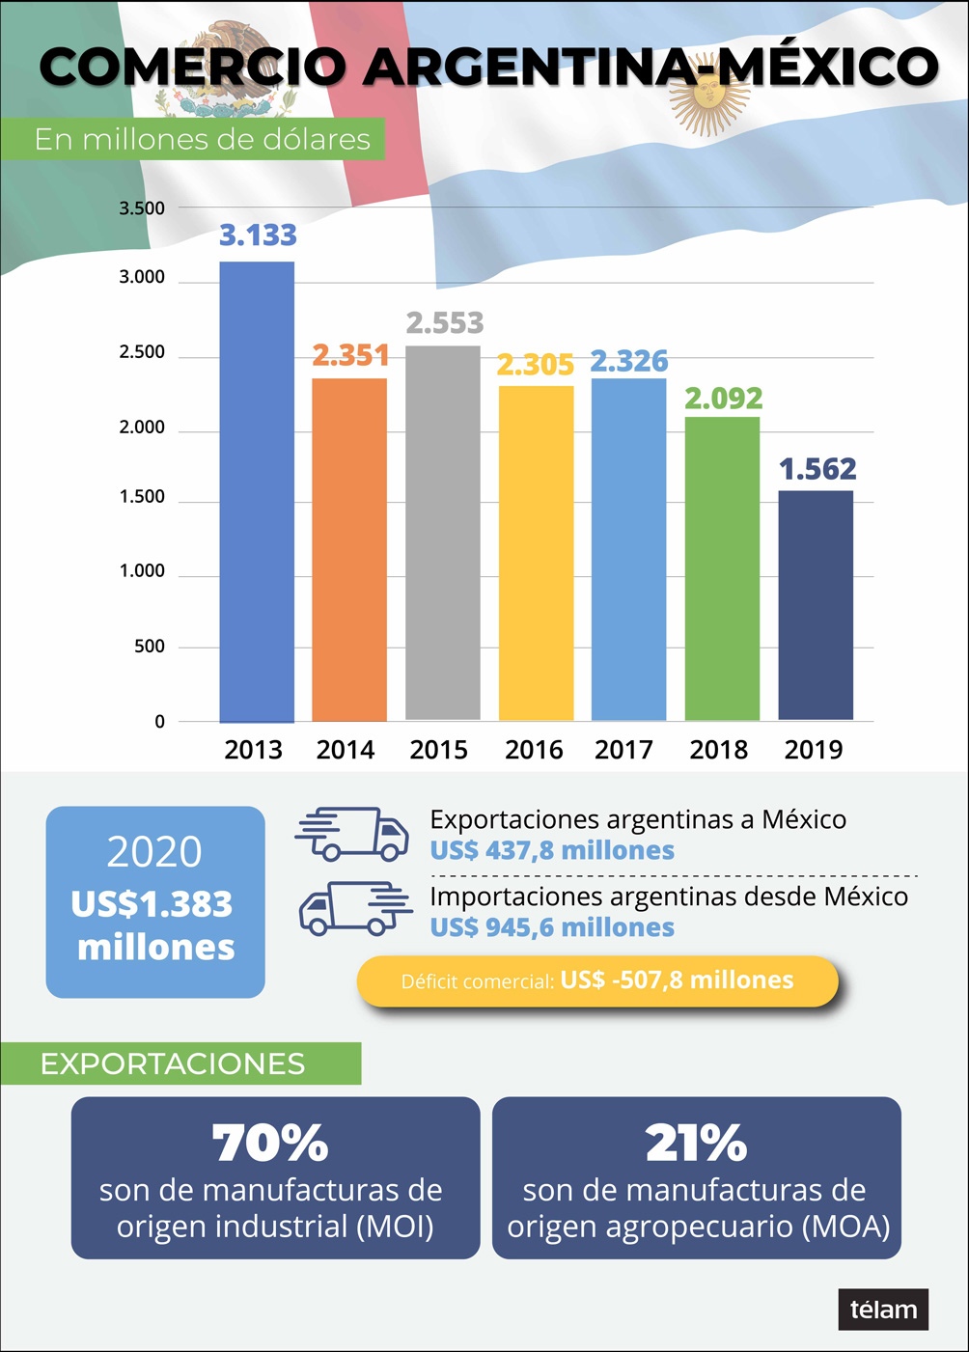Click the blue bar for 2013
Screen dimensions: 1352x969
pyautogui.click(x=257, y=492)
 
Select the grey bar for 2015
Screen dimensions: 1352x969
pyautogui.click(x=443, y=533)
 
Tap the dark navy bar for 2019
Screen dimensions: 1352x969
pyautogui.click(x=816, y=605)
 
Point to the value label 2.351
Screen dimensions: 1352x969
pyautogui.click(x=350, y=355)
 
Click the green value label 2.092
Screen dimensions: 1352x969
pyautogui.click(x=724, y=398)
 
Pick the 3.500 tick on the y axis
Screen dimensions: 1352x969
pyautogui.click(x=142, y=208)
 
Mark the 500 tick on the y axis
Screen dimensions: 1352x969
pyautogui.click(x=150, y=647)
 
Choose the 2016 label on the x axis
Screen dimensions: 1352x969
pyautogui.click(x=534, y=750)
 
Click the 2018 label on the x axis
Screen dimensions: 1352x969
pyautogui.click(x=718, y=750)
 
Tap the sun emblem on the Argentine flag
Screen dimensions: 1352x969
pyautogui.click(x=709, y=95)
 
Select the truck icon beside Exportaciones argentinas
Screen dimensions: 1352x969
pyautogui.click(x=352, y=834)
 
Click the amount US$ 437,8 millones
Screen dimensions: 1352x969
pyautogui.click(x=552, y=850)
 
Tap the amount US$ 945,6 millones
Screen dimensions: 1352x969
pyautogui.click(x=552, y=927)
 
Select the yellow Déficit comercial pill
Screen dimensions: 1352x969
pyautogui.click(x=597, y=980)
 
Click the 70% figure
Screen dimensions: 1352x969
pyautogui.click(x=270, y=1143)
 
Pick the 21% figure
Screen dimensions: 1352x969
pyautogui.click(x=696, y=1143)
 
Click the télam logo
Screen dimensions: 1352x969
pyautogui.click(x=883, y=1310)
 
